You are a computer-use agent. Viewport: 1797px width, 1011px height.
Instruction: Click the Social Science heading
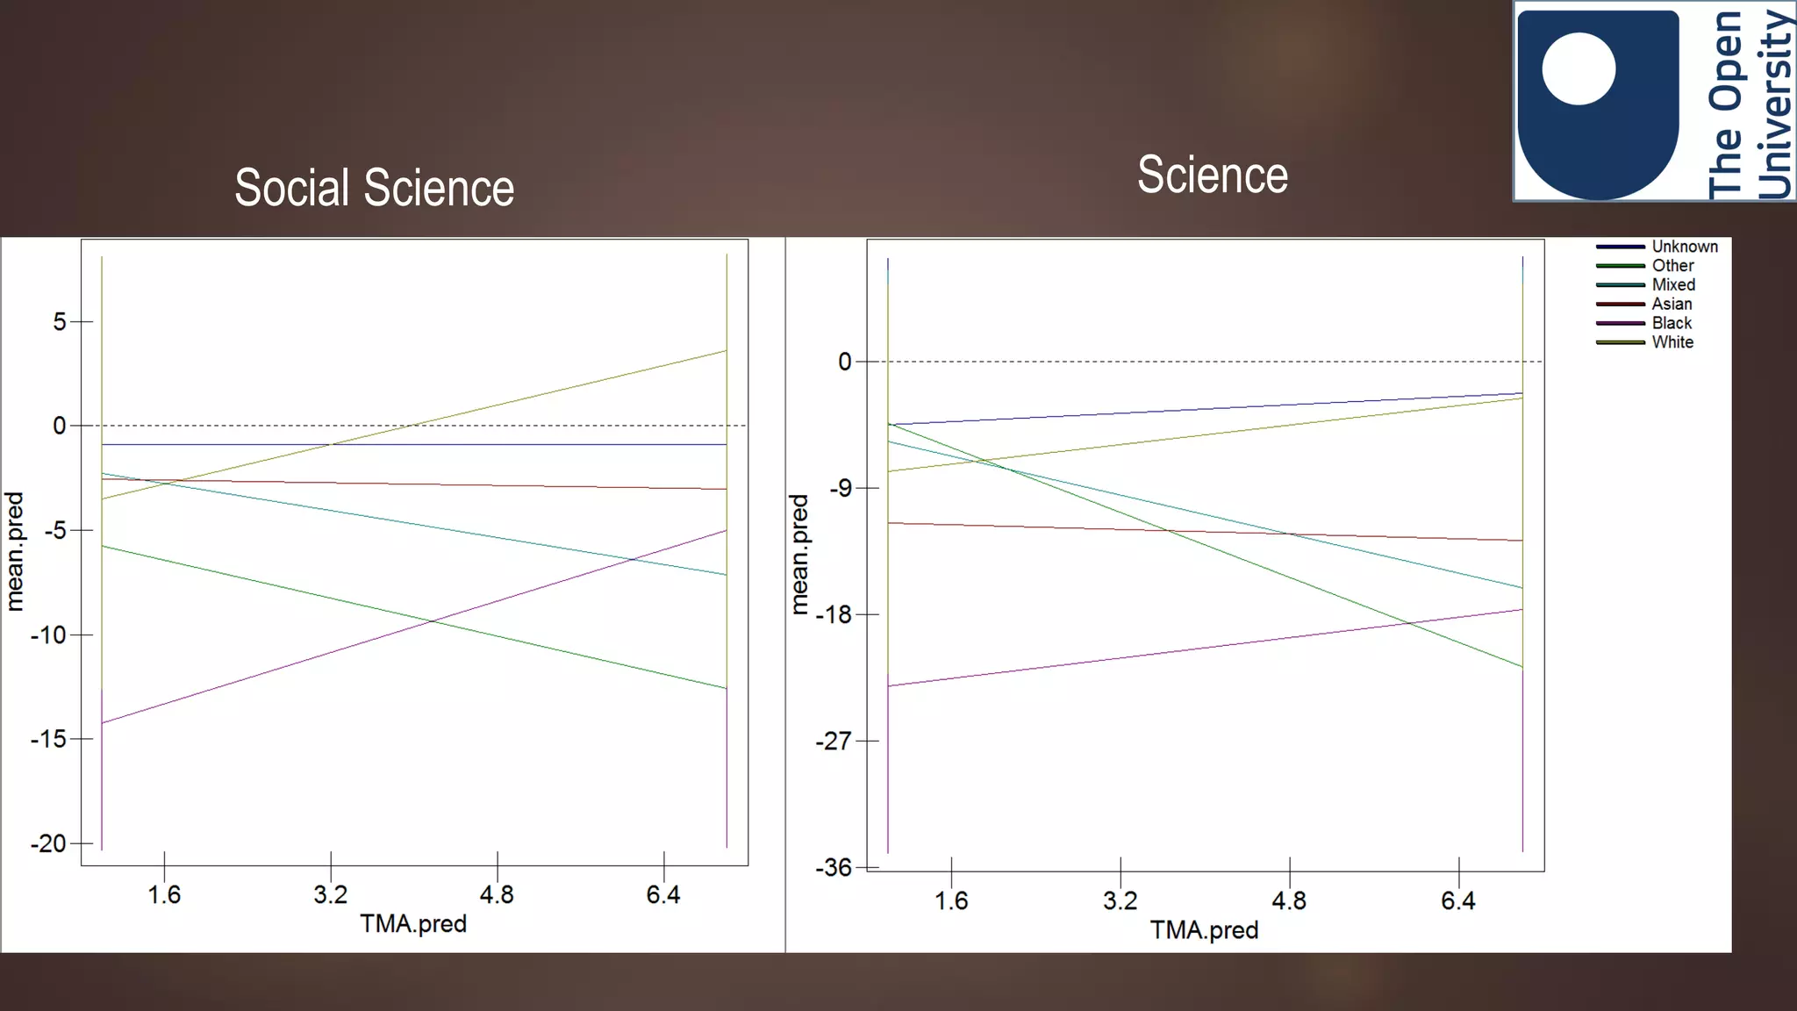point(375,188)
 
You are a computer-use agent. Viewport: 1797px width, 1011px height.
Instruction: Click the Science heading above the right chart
point(1213,175)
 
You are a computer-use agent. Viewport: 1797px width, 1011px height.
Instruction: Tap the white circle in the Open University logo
point(1579,68)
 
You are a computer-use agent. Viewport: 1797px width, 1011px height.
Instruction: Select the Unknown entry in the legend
point(1684,247)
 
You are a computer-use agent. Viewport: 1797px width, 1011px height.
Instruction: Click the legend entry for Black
point(1672,323)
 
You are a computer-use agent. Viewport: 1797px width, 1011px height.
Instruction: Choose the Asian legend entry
point(1672,304)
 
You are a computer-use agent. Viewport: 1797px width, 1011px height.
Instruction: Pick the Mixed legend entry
point(1672,284)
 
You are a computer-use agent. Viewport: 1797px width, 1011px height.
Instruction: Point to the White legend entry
point(1672,342)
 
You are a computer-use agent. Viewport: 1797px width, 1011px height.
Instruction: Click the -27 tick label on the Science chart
point(833,742)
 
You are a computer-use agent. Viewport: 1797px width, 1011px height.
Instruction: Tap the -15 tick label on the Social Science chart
point(48,739)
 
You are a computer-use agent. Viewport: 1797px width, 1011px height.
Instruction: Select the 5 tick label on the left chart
point(60,322)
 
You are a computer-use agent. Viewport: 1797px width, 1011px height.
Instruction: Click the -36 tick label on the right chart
point(833,868)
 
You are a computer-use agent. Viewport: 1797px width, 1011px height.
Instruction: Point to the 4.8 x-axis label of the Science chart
point(1289,900)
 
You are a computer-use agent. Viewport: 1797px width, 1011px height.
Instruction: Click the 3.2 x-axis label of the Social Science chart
point(331,894)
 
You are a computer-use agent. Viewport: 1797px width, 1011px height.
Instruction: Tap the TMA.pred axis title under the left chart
point(413,923)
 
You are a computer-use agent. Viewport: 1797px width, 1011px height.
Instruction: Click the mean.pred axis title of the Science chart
point(798,554)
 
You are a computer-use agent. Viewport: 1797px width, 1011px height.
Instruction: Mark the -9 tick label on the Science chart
point(841,488)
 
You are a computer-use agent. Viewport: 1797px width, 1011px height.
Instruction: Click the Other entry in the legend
point(1672,265)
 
